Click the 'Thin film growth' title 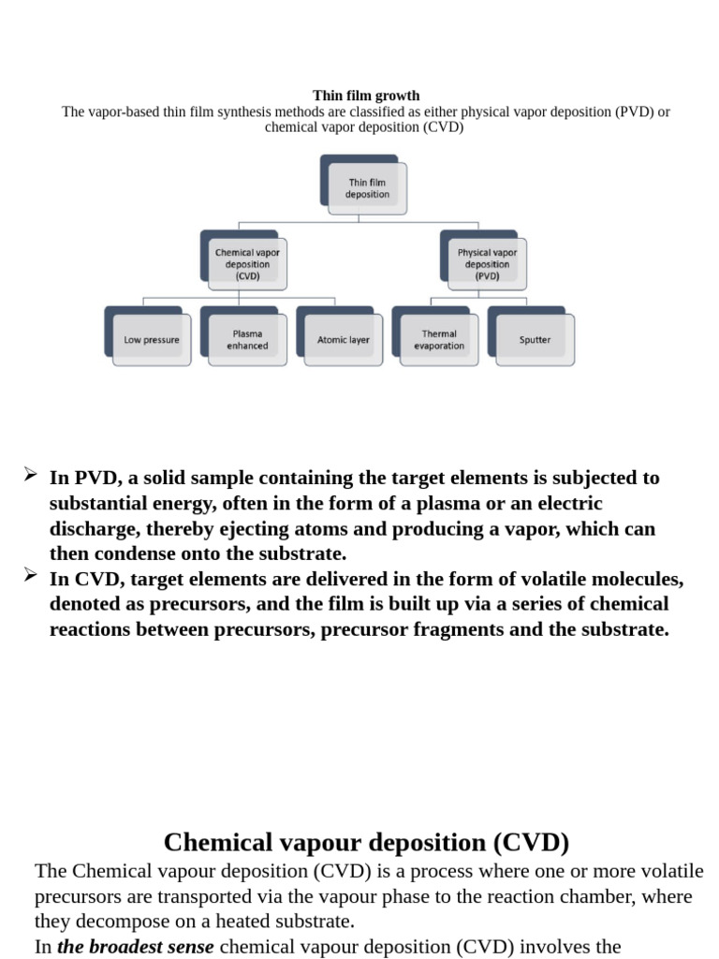(x=365, y=96)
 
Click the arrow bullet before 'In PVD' (x=30, y=476)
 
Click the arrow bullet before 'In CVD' (x=30, y=577)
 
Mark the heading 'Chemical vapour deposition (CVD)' (x=366, y=842)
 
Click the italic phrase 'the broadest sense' (x=136, y=947)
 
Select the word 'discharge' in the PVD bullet (x=94, y=528)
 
